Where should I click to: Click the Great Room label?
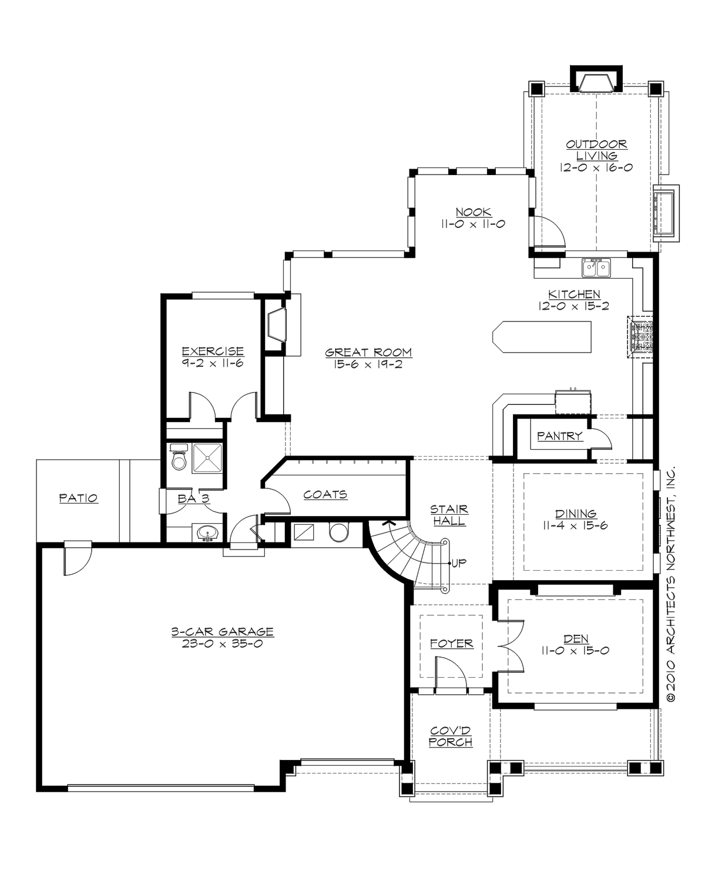tap(368, 353)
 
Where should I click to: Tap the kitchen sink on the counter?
tap(596, 268)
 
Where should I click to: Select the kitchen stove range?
tap(641, 337)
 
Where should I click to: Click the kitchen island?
tap(541, 337)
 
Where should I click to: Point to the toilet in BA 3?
tap(179, 458)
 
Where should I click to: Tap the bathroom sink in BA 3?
tap(206, 534)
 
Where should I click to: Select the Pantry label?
tap(559, 436)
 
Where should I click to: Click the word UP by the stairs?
tap(459, 563)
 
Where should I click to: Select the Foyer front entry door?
tap(450, 673)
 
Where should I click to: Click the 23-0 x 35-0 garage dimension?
tap(222, 643)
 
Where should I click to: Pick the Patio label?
tap(78, 498)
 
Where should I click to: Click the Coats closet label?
tap(325, 495)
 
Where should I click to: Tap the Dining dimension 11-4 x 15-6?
tap(576, 525)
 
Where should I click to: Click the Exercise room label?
tap(213, 351)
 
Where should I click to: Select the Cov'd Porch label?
tap(451, 736)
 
